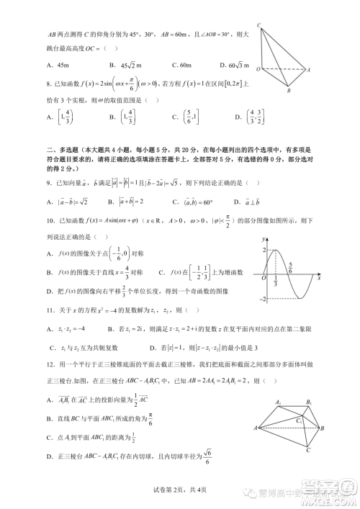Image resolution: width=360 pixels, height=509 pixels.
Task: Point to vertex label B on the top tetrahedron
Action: coord(287,92)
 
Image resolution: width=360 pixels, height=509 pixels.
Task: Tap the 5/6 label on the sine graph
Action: coord(289,266)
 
